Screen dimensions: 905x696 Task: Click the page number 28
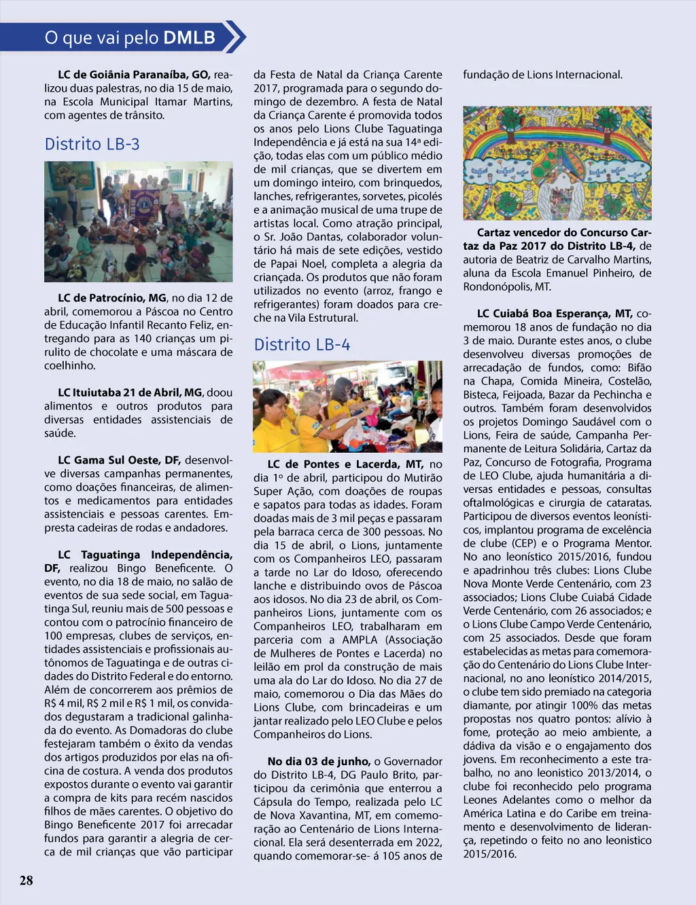[x=26, y=881]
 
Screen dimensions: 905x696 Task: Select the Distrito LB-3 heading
[x=92, y=144]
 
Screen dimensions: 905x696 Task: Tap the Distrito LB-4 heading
[x=302, y=345]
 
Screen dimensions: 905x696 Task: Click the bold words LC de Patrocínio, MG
[x=112, y=298]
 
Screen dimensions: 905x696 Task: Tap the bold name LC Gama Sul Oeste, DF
[x=119, y=460]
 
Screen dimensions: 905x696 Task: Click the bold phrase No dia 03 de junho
[x=319, y=762]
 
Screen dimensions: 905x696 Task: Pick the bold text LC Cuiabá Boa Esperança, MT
[x=555, y=314]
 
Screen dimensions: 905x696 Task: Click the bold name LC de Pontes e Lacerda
[x=345, y=464]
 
